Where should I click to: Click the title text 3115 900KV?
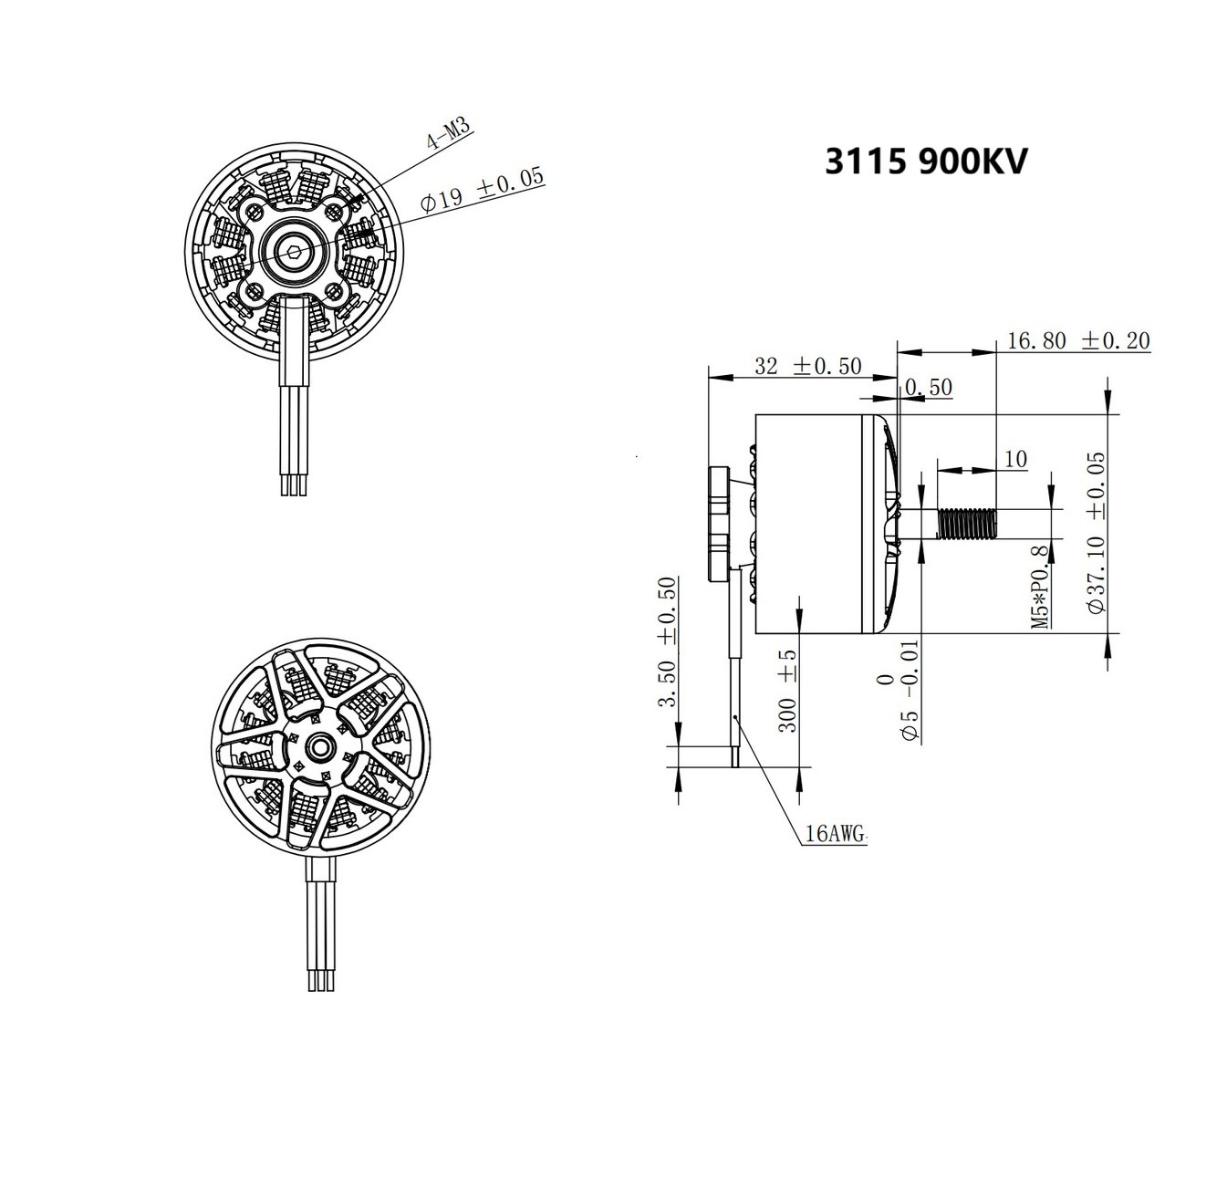[926, 162]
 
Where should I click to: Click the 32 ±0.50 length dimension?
[808, 365]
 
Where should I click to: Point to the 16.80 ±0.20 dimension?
[1077, 340]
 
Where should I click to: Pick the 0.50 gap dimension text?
[929, 388]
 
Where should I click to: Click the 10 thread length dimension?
[1014, 459]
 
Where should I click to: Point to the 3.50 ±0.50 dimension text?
[667, 641]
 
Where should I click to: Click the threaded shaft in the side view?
[968, 524]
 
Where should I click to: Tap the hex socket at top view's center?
[291, 253]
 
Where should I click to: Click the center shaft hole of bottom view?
[320, 746]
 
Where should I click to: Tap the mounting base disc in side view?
[720, 524]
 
